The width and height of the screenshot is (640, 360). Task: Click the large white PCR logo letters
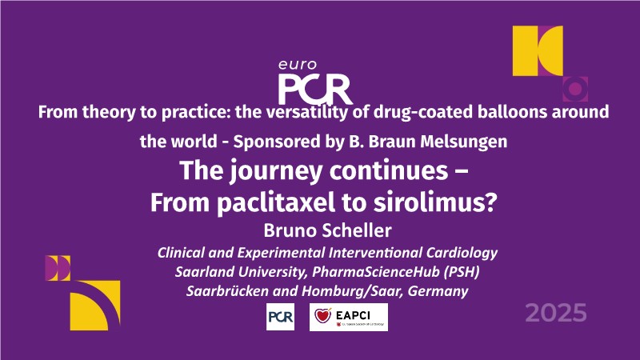click(315, 89)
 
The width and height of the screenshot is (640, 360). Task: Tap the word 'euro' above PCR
click(298, 65)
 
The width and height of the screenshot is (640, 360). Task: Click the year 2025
click(556, 313)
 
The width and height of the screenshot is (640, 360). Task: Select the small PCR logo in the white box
click(281, 317)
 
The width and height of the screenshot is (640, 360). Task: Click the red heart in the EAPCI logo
click(323, 315)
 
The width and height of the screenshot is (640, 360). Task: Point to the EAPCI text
click(353, 315)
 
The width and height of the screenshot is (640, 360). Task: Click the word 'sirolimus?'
click(435, 202)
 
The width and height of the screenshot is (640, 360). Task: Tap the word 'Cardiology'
click(462, 253)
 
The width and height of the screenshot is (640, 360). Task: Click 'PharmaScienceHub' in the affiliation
click(375, 272)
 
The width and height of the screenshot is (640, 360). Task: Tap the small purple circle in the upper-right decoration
click(575, 89)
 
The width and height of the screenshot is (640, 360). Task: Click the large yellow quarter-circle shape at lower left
click(92, 310)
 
